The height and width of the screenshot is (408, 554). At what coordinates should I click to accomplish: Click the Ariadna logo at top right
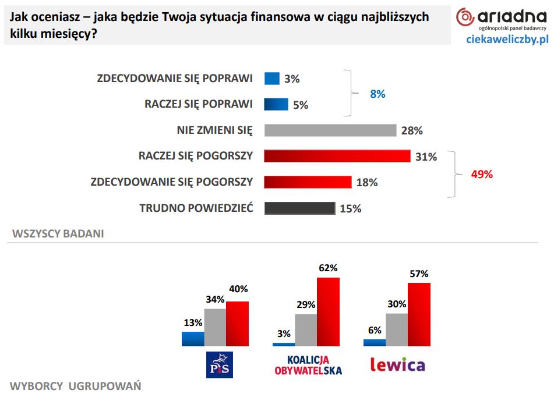coord(502,19)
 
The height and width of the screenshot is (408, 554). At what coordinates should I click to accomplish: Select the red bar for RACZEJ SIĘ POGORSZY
coord(337,156)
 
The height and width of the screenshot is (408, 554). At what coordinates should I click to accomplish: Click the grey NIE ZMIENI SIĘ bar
coord(330,130)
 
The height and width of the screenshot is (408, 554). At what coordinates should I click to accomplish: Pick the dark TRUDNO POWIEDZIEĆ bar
coord(299,208)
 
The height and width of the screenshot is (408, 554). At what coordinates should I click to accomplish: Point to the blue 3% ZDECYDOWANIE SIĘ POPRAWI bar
coord(272,79)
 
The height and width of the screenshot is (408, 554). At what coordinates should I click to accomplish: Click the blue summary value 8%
coord(377,94)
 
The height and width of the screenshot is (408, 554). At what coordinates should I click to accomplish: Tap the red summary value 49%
coord(481,174)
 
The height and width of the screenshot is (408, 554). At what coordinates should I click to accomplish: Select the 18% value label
coord(367,182)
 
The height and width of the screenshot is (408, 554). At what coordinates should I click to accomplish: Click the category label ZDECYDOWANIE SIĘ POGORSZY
coord(172,182)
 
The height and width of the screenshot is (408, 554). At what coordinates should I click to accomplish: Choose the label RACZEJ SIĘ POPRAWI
coord(198,104)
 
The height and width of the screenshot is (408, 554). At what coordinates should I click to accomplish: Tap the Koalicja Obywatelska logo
coord(308,365)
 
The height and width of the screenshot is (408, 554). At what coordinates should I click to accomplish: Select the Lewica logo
coord(398,365)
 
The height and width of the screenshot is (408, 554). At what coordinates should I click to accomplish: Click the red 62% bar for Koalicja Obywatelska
coord(328,312)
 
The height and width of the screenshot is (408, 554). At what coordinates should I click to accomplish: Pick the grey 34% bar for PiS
coord(215,327)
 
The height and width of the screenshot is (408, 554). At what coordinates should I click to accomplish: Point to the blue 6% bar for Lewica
coord(375,343)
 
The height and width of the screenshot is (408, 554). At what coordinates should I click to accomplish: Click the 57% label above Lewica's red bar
coord(418,274)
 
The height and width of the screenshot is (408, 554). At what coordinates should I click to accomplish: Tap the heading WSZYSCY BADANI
coord(58,234)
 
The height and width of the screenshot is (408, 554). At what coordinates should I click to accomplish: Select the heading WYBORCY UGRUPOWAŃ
coord(75,386)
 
